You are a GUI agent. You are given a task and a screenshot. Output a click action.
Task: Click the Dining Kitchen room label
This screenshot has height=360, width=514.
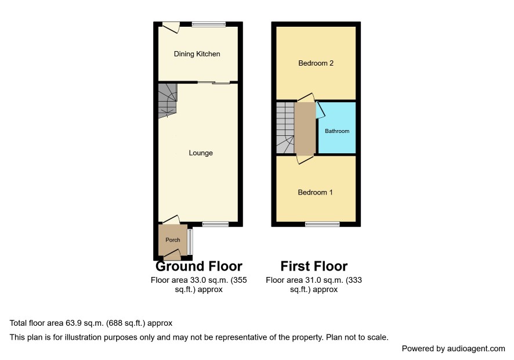tap(197, 54)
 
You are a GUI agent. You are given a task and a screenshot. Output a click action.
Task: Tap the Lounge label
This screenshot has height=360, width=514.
tap(201, 153)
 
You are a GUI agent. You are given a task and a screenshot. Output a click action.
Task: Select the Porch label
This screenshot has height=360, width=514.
tap(173, 240)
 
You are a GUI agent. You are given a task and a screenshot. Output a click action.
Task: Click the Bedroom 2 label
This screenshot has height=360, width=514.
tap(316, 63)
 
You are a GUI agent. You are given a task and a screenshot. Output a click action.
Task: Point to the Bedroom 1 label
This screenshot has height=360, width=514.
tap(315, 192)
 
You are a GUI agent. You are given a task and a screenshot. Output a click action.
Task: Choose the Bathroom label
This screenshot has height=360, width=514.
tap(337, 131)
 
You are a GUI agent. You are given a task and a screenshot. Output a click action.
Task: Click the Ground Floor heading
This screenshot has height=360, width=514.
tap(199, 266)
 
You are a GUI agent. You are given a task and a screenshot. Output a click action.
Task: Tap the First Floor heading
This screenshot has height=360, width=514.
tap(314, 266)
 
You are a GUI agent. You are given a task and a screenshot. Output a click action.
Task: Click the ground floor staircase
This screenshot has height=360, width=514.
tap(168, 100)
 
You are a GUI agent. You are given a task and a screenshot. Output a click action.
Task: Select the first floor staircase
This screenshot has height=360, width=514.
tap(285, 128)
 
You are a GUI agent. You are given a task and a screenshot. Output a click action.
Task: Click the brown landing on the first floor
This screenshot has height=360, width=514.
tap(305, 128)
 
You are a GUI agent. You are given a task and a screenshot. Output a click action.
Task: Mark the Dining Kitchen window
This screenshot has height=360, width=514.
tap(208, 24)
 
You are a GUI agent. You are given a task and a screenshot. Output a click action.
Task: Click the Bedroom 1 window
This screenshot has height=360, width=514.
tap(322, 224)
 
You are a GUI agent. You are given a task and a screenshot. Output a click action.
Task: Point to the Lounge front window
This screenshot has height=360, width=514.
tap(215, 224)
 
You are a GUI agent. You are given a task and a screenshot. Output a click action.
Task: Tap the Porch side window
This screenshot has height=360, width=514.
tap(190, 242)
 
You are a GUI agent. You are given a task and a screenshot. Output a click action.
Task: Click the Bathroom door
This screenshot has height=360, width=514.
tap(320, 110)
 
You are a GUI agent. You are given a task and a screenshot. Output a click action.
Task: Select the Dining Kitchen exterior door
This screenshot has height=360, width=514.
tap(171, 27)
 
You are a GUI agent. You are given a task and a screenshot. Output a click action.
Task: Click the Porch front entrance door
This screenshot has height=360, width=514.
tap(172, 253)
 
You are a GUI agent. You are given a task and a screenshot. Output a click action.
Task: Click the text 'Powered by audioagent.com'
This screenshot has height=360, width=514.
tap(453, 349)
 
